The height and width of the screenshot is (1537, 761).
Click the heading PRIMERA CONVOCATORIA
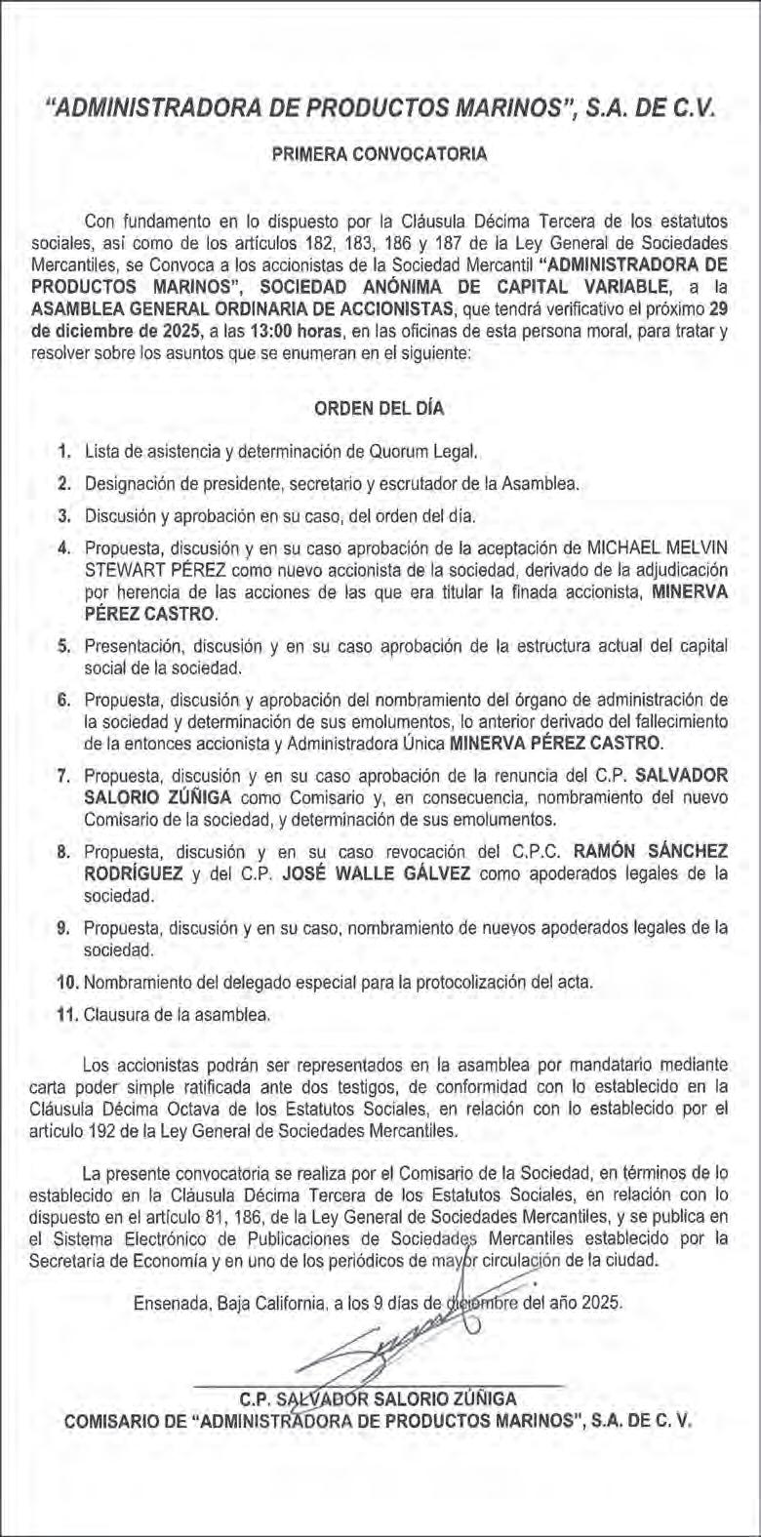pyautogui.click(x=380, y=154)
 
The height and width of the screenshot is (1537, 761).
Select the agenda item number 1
pyautogui.click(x=63, y=452)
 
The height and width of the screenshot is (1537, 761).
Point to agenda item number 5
pyautogui.click(x=63, y=646)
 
